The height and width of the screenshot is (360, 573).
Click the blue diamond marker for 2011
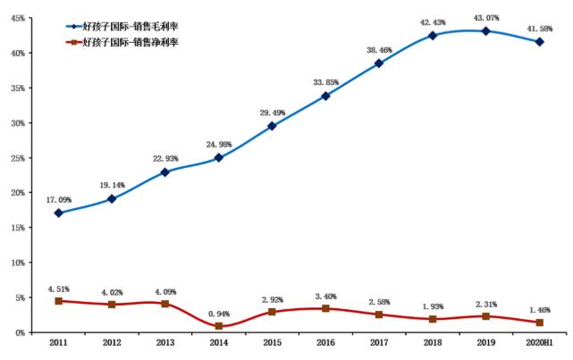58,213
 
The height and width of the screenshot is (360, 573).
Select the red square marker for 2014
218,326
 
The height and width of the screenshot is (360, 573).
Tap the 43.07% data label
485,18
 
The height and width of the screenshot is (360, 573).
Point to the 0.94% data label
218,313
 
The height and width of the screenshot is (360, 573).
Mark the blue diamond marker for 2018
432,36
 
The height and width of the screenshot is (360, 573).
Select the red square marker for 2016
325,308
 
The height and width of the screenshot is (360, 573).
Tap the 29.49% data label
273,113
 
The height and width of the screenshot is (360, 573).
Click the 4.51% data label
58,289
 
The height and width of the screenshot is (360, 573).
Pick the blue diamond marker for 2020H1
538,42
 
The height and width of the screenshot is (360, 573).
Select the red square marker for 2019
485,316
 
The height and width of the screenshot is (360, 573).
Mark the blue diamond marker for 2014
218,157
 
